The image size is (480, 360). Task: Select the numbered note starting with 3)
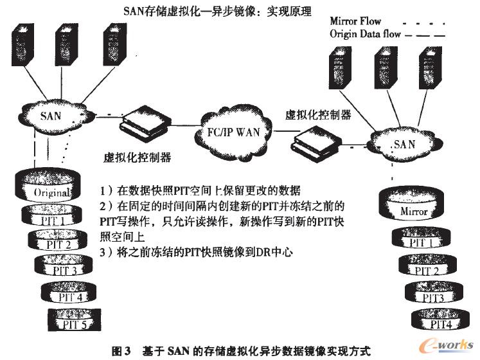point(196,253)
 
